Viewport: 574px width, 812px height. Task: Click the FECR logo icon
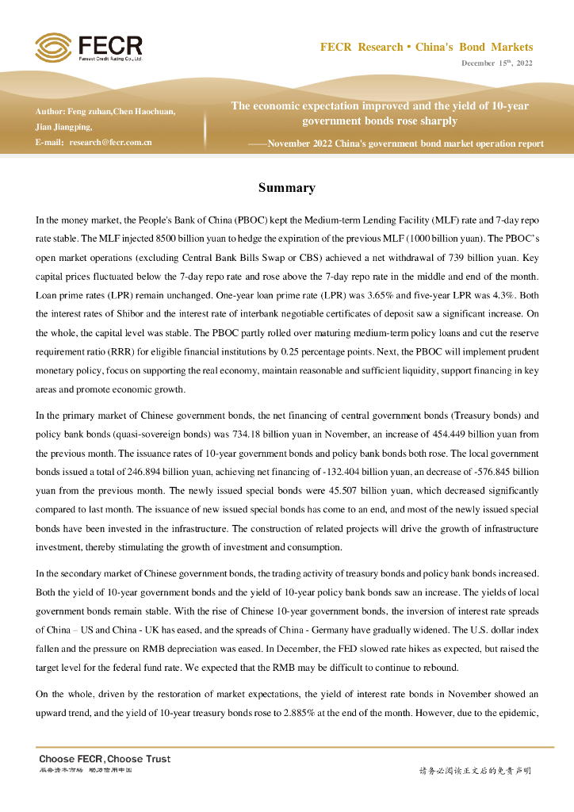pyautogui.click(x=53, y=47)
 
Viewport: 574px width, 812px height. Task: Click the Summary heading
pyautogui.click(x=286, y=188)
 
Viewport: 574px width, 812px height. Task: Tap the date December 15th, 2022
pyautogui.click(x=497, y=63)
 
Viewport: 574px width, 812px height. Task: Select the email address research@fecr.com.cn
pyautogui.click(x=110, y=143)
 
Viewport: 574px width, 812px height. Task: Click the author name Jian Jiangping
pyautogui.click(x=63, y=127)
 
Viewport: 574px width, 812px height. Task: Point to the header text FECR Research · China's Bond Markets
pyautogui.click(x=426, y=48)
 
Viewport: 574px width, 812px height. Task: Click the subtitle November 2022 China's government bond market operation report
pyautogui.click(x=406, y=144)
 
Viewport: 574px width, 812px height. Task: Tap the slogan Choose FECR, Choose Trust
pyautogui.click(x=105, y=759)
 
